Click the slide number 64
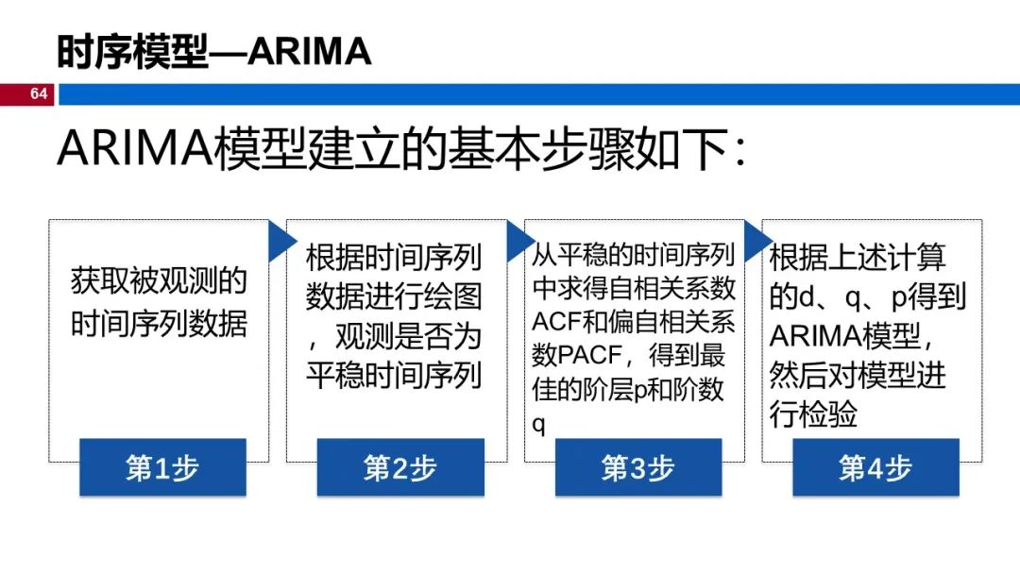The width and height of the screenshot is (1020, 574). click(x=39, y=93)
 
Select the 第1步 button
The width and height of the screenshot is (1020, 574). click(x=162, y=467)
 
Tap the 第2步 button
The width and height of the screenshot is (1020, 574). click(x=400, y=467)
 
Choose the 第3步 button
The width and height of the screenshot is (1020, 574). click(x=637, y=467)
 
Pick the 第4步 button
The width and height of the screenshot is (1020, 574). click(x=875, y=467)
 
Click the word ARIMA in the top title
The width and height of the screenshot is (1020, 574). click(x=310, y=52)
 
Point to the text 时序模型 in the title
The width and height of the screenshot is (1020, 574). click(x=131, y=52)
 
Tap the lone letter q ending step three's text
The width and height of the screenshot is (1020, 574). click(x=539, y=424)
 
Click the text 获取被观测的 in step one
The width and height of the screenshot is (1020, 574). click(x=159, y=280)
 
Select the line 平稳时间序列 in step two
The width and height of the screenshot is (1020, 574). click(x=394, y=375)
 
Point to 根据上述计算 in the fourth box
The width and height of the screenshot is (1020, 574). click(x=858, y=257)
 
